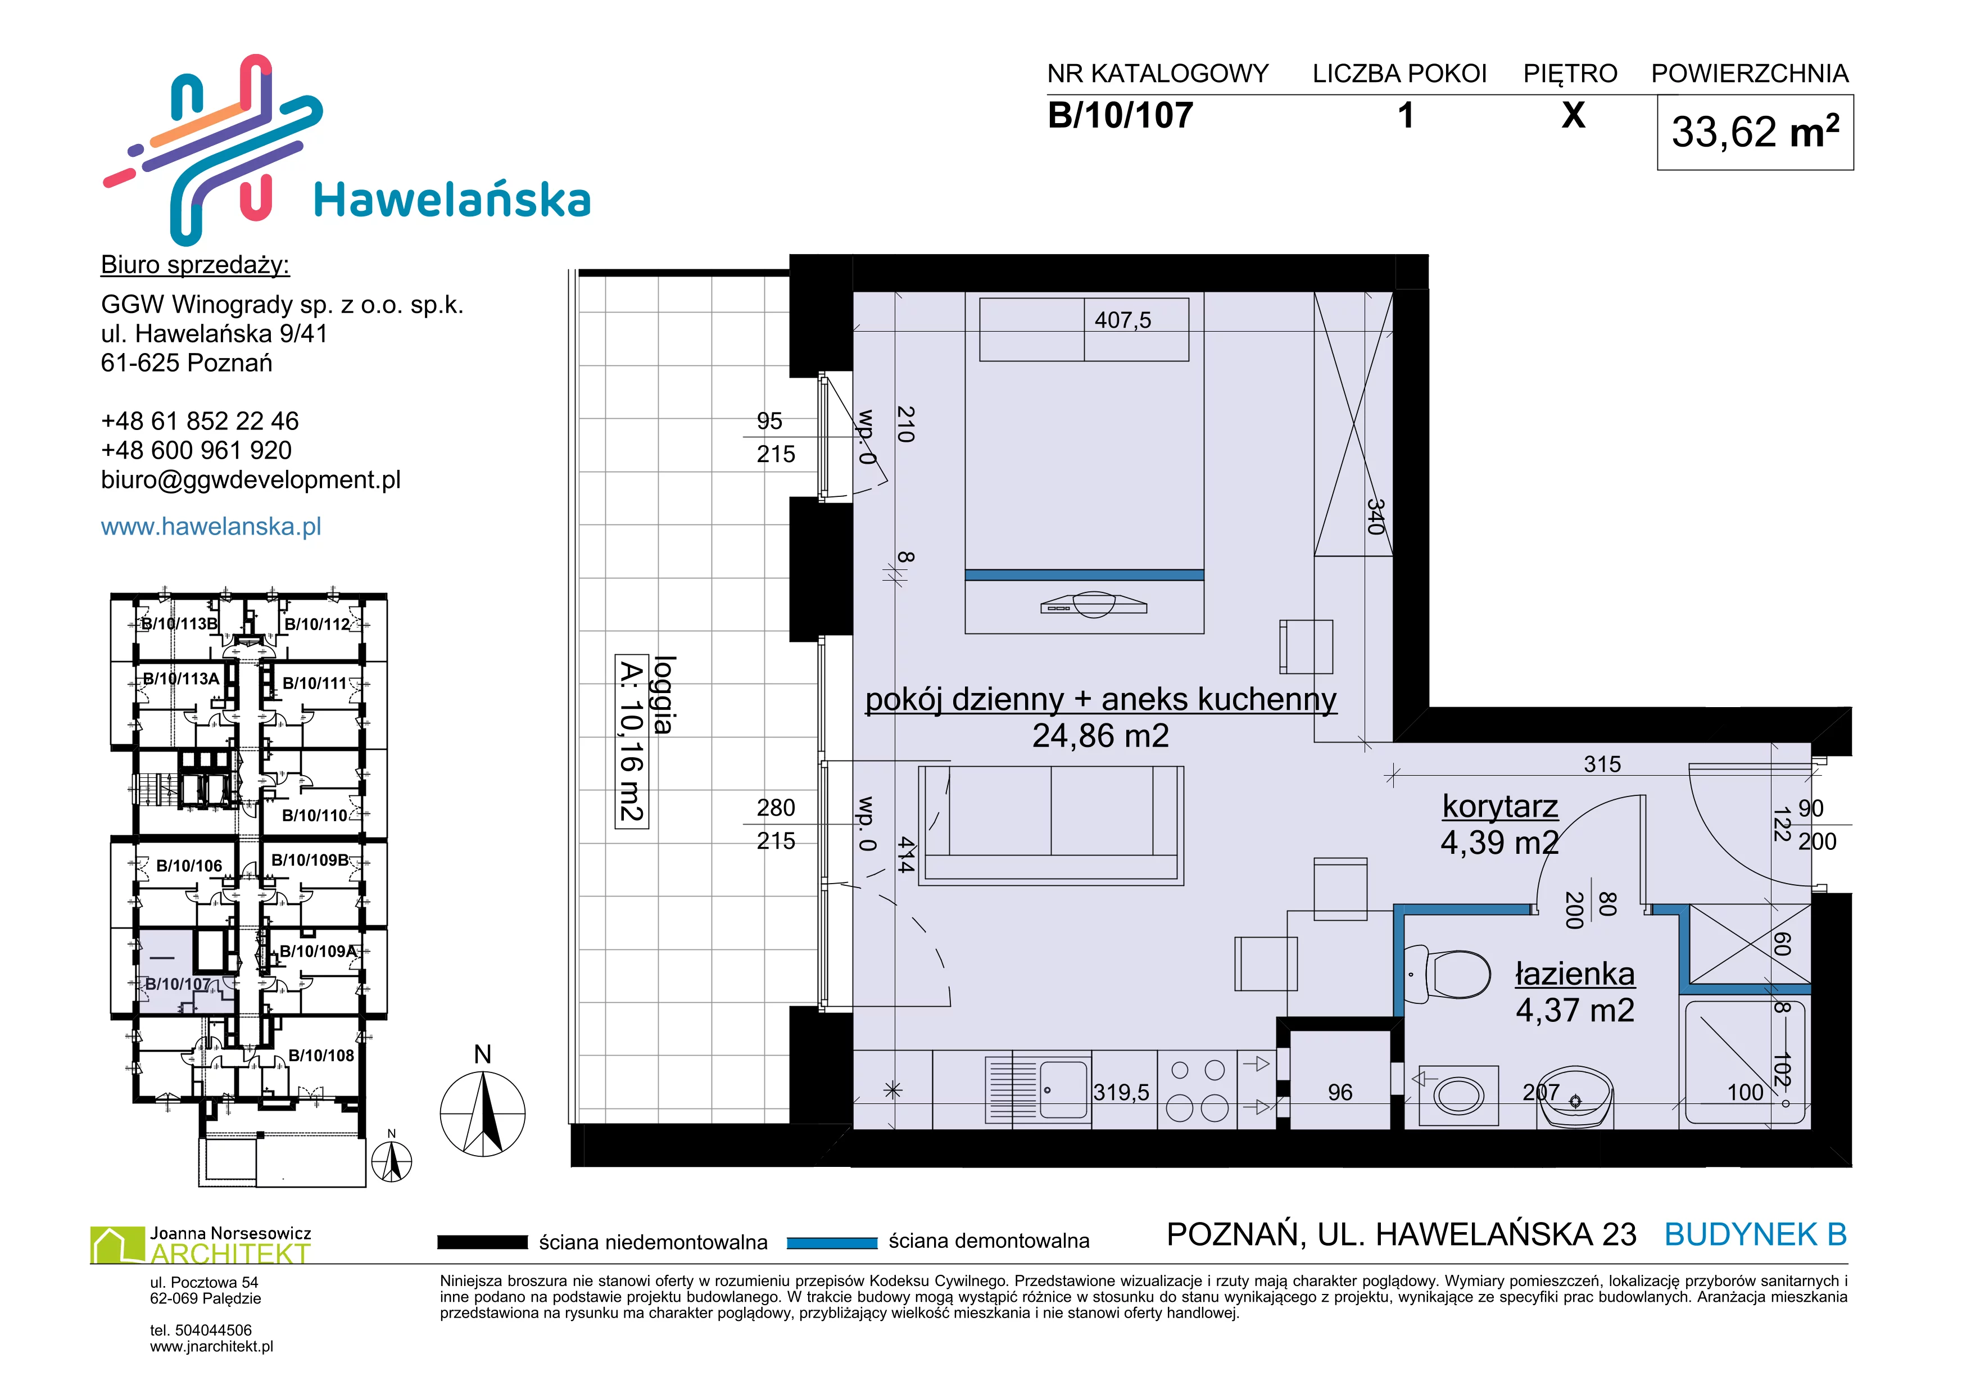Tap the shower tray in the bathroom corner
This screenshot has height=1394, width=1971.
(1745, 1063)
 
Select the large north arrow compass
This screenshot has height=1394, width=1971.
(482, 1114)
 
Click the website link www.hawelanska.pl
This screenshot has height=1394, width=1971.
(211, 526)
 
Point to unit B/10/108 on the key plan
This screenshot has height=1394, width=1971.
(321, 1055)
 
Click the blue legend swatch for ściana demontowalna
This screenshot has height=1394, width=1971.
(832, 1242)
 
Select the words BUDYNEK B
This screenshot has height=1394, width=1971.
(1756, 1234)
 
